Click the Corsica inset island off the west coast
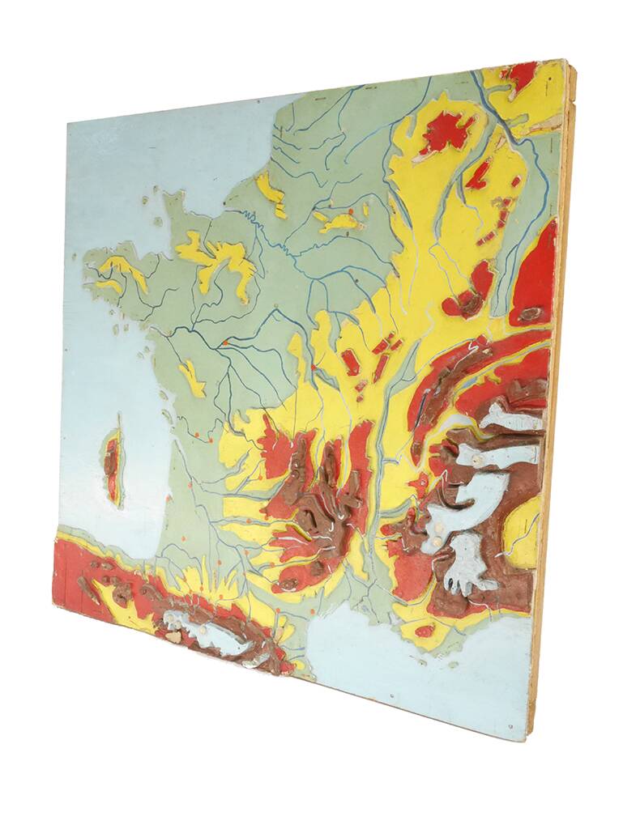(112, 466)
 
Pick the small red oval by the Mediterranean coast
(424, 631)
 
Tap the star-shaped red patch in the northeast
(446, 131)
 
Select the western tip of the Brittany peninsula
(87, 261)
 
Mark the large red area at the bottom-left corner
(73, 571)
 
